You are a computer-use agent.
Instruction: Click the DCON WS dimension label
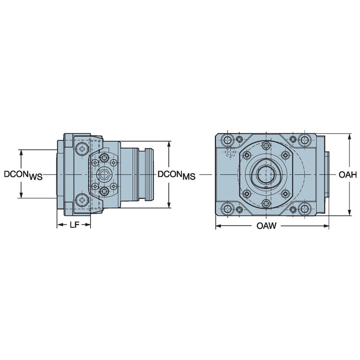23,175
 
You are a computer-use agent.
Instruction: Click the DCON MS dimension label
176,175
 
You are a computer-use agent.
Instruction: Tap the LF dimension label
74,225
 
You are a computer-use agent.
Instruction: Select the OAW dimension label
266,226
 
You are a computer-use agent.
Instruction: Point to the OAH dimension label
348,175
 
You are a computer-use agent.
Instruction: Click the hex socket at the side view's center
104,174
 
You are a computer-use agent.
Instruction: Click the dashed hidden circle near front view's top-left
230,152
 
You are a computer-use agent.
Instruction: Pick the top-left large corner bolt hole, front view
228,140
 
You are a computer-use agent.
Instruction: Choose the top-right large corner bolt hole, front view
304,140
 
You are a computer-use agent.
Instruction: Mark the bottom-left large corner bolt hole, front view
228,208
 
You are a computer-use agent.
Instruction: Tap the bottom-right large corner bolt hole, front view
304,208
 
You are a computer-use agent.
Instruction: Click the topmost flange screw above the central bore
266,145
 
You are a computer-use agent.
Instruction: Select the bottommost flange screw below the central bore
266,204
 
